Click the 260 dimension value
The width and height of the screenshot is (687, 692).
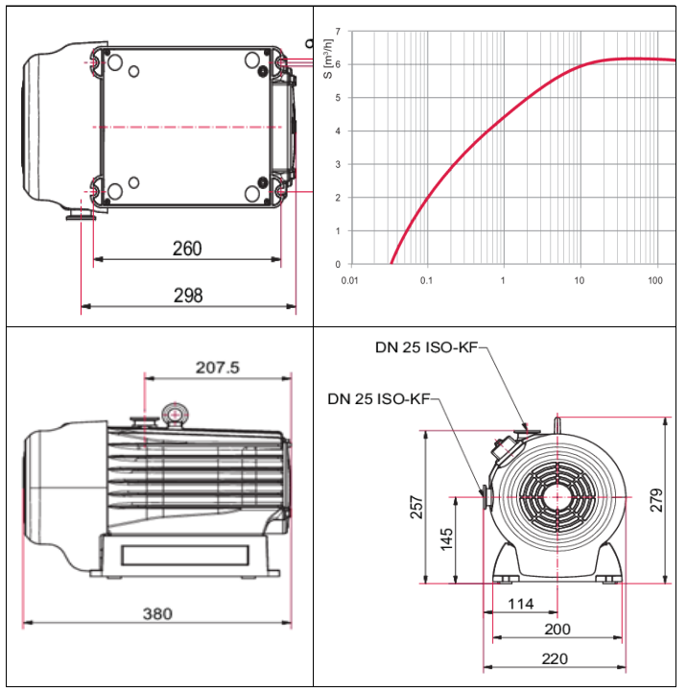pos(187,249)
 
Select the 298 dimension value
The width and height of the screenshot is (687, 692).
pos(188,296)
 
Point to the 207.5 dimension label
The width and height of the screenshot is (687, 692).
pos(217,367)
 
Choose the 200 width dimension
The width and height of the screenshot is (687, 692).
pos(557,630)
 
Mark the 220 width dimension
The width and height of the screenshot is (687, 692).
pos(554,658)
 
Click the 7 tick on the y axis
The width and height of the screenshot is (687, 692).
pos(338,32)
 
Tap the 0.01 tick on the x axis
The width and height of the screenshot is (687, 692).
pos(350,280)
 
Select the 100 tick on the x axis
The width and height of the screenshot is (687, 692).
pos(655,280)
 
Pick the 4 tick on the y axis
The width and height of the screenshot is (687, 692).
pos(338,131)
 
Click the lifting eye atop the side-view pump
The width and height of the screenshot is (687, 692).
pos(174,414)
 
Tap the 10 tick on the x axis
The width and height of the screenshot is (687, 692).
pos(579,280)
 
